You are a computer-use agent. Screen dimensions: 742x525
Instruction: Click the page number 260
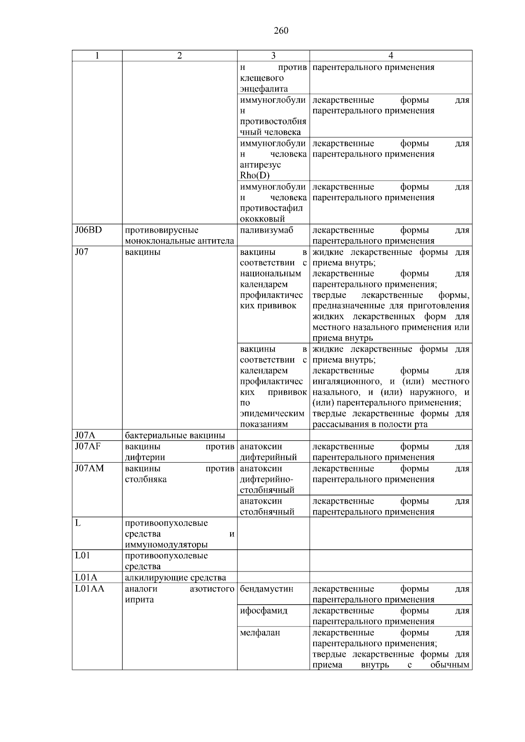(x=281, y=31)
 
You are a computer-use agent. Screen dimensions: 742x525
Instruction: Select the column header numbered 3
(x=273, y=56)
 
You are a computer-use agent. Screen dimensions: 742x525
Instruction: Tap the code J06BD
(x=88, y=230)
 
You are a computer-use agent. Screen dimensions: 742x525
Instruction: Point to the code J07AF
(x=88, y=446)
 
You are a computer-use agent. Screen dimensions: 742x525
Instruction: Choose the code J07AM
(x=89, y=468)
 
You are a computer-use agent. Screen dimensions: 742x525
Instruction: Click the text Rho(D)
(x=255, y=175)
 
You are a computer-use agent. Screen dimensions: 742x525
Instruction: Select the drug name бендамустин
(x=266, y=589)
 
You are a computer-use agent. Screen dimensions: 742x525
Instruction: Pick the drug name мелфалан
(x=260, y=632)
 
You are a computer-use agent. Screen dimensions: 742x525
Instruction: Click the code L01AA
(x=90, y=589)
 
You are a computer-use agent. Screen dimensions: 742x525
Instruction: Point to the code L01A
(x=86, y=578)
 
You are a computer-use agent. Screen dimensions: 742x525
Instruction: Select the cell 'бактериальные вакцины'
(x=175, y=435)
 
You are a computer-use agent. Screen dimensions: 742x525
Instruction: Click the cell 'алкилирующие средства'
(x=175, y=578)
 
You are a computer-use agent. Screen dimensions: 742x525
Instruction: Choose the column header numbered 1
(x=97, y=56)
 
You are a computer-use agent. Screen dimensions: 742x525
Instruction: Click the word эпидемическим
(x=272, y=414)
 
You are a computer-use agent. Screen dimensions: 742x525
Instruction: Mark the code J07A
(x=85, y=435)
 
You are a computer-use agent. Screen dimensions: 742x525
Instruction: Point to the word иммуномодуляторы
(x=166, y=545)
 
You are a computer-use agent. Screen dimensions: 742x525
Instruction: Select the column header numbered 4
(x=391, y=56)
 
